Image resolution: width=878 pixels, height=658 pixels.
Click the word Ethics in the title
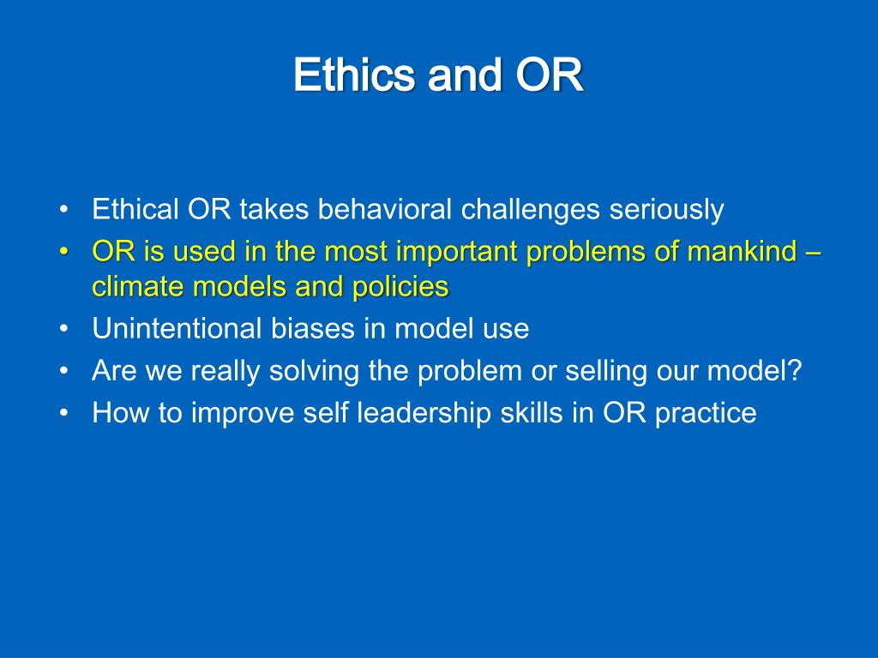[354, 75]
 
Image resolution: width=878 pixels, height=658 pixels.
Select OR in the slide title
[549, 75]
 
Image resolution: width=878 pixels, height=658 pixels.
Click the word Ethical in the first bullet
[135, 209]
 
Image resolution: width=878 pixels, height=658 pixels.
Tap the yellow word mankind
[742, 251]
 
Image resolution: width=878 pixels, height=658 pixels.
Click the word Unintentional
[177, 328]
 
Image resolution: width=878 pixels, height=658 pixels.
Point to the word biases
[313, 328]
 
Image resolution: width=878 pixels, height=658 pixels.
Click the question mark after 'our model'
[795, 370]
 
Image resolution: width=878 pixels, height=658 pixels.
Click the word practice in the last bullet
[706, 414]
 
